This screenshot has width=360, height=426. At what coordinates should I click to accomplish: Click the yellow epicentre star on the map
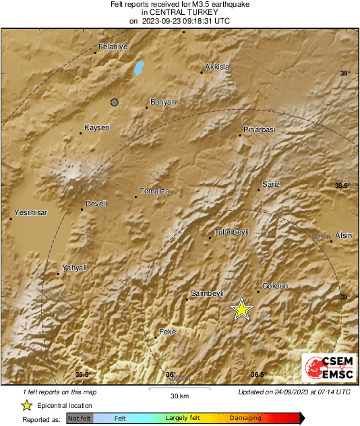[241, 309]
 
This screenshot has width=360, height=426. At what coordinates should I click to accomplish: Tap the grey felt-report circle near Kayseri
[115, 102]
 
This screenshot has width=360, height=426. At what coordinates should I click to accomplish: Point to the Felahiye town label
[113, 47]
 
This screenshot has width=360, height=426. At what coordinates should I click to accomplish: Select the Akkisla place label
[217, 67]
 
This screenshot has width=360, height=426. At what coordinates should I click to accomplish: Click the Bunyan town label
[162, 102]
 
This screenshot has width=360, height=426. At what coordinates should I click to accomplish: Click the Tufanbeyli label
[231, 231]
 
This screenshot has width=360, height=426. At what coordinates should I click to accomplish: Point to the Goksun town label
[274, 286]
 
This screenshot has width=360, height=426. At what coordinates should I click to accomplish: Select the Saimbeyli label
[207, 293]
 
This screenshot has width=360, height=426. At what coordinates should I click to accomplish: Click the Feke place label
[167, 332]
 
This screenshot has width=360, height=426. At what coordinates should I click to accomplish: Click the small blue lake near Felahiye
[140, 67]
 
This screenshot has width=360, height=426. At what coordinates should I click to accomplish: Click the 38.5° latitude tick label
[342, 185]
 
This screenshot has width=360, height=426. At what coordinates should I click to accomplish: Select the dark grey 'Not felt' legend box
[80, 418]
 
